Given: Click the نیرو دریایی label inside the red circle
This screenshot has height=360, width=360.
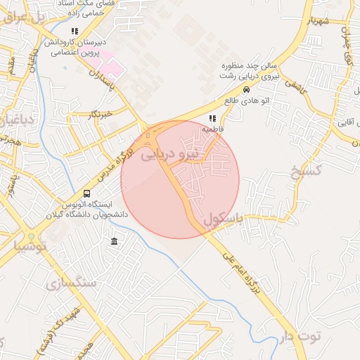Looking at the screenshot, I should [172, 154].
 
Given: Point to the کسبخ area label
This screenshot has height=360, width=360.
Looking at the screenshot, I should [305, 172].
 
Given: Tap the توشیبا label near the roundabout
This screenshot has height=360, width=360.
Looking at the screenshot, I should [30, 247].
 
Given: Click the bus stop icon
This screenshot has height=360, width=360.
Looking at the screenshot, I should [86, 193].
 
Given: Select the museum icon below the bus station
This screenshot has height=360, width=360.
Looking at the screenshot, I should [114, 243].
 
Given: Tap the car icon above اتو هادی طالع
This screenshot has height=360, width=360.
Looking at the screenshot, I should [246, 90].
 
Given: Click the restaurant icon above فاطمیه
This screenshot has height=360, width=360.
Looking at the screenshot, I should [212, 118].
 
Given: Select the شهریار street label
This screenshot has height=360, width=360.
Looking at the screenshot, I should [319, 20].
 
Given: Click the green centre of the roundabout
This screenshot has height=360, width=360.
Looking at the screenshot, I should [32, 236].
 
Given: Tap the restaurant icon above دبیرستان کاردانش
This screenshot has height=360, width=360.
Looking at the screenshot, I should [124, 29].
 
